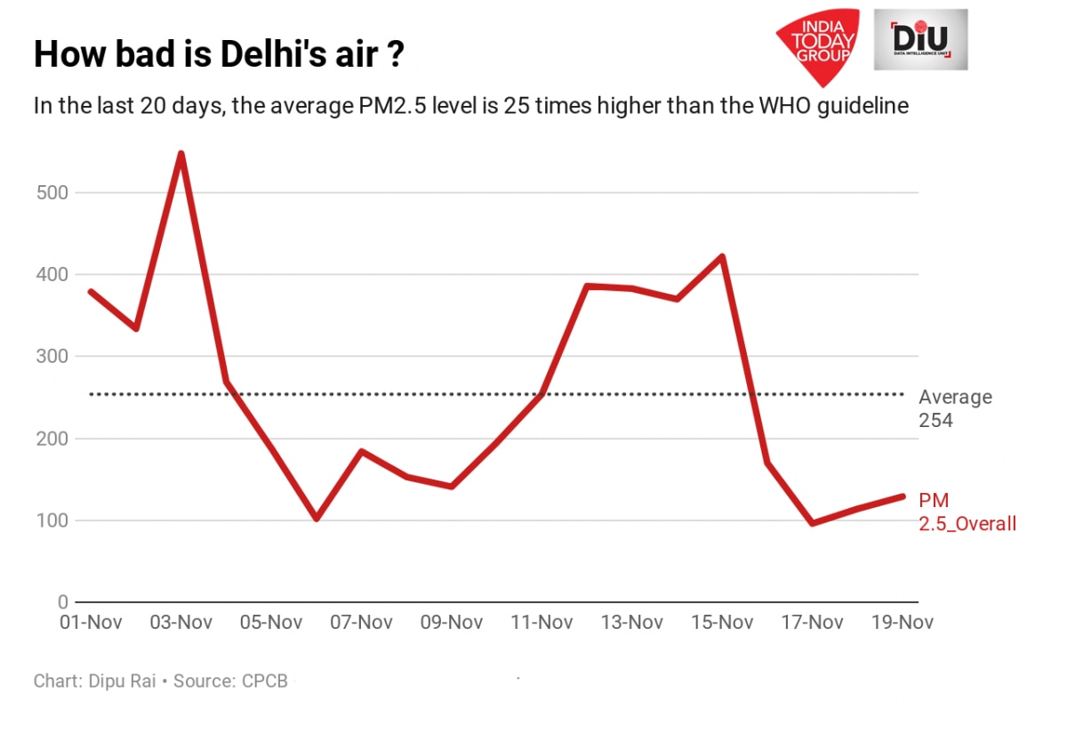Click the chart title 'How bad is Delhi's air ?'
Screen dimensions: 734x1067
tap(220, 55)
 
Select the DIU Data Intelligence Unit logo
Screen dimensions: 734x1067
tap(920, 40)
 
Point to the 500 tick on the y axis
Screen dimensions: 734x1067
tap(55, 192)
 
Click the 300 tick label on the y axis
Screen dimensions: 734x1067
tap(55, 357)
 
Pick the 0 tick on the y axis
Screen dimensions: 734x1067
tap(63, 602)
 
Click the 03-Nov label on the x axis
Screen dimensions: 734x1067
tap(181, 622)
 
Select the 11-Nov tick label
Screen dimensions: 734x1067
tap(542, 622)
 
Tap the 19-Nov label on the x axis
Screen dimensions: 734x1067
tap(903, 622)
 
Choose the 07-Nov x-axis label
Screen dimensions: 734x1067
tap(362, 622)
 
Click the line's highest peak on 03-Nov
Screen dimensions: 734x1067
tap(181, 154)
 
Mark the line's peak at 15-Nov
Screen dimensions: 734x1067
tap(723, 257)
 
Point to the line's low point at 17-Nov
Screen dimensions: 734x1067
tap(813, 523)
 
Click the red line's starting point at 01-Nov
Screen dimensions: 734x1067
tap(91, 292)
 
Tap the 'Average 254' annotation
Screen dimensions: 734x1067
tap(955, 408)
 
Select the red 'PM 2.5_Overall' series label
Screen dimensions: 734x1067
tap(967, 512)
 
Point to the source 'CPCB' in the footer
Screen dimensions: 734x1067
tap(264, 682)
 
